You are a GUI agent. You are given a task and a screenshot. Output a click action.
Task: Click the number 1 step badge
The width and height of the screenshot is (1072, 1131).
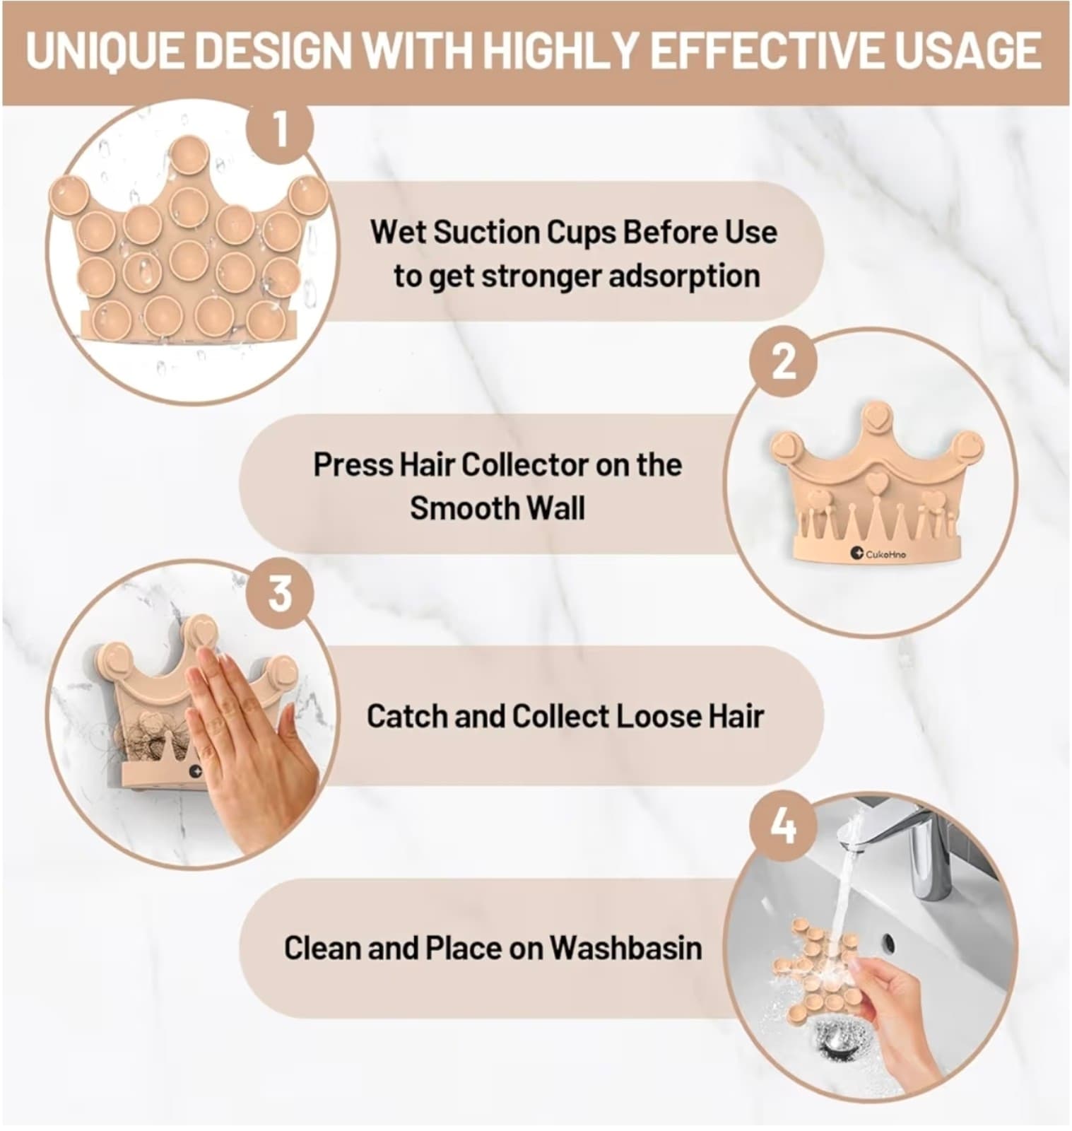click(281, 130)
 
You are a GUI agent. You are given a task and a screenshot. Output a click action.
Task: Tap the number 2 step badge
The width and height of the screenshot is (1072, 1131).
click(783, 362)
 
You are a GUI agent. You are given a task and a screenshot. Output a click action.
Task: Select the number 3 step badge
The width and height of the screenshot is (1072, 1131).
click(281, 593)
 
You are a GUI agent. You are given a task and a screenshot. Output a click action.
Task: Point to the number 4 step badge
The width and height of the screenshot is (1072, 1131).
click(783, 825)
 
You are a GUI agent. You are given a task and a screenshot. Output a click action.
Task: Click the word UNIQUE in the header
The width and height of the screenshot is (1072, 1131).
click(105, 51)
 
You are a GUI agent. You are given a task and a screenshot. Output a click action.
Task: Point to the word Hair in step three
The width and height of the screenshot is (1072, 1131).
click(736, 716)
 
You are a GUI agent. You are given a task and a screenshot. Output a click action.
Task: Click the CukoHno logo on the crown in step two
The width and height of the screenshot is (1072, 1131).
click(878, 553)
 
